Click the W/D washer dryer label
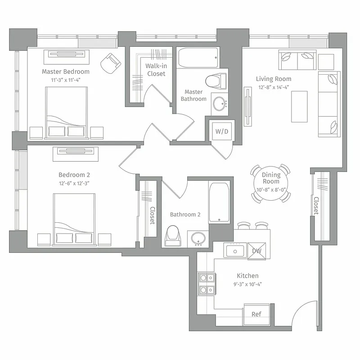coord(221,132)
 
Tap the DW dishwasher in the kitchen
coord(257,251)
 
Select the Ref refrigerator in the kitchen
coord(256,314)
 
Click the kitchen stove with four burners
coord(206,283)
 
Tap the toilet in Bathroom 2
coord(173,235)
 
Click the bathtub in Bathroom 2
coord(220,202)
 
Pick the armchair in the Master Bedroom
coord(110,63)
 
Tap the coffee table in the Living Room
coord(299,106)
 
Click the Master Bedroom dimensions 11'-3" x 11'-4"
coord(66,80)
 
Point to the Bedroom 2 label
coord(74,175)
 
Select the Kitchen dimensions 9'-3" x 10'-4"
coord(247,284)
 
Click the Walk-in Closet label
coord(156,70)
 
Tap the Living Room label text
coord(274,79)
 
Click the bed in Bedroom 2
coord(74,219)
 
